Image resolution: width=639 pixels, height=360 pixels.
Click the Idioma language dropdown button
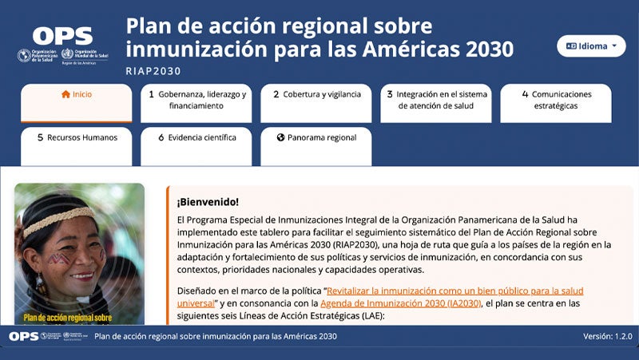[x=591, y=46]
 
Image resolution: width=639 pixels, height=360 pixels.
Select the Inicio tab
[x=77, y=94]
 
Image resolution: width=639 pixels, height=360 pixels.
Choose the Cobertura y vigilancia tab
[x=316, y=94]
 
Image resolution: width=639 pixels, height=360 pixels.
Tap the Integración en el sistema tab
[x=436, y=100]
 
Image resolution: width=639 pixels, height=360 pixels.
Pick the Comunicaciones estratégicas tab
[x=556, y=100]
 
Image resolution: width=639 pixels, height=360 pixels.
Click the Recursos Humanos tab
[x=77, y=137]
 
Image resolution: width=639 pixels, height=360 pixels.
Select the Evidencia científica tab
[x=196, y=137]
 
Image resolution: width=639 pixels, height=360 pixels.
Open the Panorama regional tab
[x=316, y=137]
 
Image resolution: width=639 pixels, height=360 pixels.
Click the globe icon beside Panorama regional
[x=281, y=137]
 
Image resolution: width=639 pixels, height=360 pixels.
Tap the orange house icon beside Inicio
[x=65, y=94]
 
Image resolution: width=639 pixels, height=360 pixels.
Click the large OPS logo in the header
[x=62, y=36]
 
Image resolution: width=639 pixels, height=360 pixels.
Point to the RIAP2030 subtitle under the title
[x=153, y=71]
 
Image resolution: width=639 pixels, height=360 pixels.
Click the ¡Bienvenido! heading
[x=208, y=202]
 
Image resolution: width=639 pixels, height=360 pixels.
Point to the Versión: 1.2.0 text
[x=607, y=336]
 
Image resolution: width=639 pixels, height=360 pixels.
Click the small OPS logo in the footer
[x=24, y=336]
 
